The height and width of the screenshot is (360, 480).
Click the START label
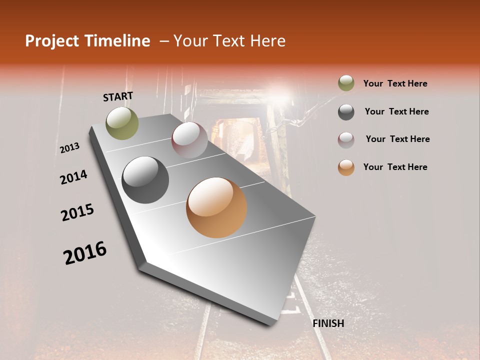click(x=118, y=96)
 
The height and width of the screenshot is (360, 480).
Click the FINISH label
click(x=328, y=323)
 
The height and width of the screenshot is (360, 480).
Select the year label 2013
click(x=69, y=148)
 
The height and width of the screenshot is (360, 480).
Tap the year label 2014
click(x=73, y=177)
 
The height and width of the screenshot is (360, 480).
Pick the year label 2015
click(x=77, y=212)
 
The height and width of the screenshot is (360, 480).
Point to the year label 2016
click(x=85, y=252)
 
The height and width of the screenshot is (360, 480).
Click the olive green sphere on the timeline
click(x=122, y=123)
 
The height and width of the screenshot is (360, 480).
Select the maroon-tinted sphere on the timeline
click(x=189, y=140)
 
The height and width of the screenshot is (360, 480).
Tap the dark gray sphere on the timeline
click(x=145, y=180)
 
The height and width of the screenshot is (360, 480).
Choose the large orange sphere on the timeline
click(x=216, y=207)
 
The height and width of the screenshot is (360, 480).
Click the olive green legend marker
click(x=346, y=83)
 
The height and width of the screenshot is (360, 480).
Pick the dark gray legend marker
click(x=346, y=112)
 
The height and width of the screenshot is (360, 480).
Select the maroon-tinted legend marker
click(x=346, y=140)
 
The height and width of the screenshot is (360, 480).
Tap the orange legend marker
click(x=346, y=167)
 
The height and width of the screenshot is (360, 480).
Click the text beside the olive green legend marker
click(x=395, y=83)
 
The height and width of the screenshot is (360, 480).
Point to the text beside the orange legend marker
click(x=395, y=167)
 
